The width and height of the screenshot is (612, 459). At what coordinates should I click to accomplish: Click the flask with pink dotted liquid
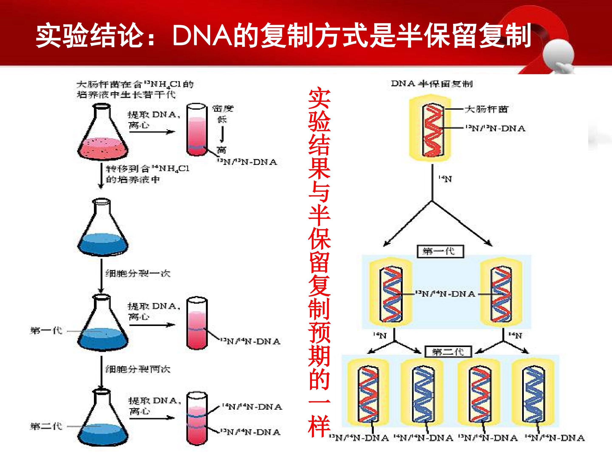point(103,136)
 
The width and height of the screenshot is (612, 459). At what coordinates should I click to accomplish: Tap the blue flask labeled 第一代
point(103,326)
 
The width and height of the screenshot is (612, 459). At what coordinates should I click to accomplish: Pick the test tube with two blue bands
point(197,418)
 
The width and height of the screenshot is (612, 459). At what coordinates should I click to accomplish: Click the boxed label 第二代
point(448,352)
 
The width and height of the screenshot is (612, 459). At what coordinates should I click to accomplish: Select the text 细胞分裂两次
point(138,369)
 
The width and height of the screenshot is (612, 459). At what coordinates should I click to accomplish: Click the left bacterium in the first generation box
point(391,294)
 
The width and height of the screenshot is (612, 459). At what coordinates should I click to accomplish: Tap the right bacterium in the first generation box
point(501,294)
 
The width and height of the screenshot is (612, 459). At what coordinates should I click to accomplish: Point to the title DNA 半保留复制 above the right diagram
point(432,84)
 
